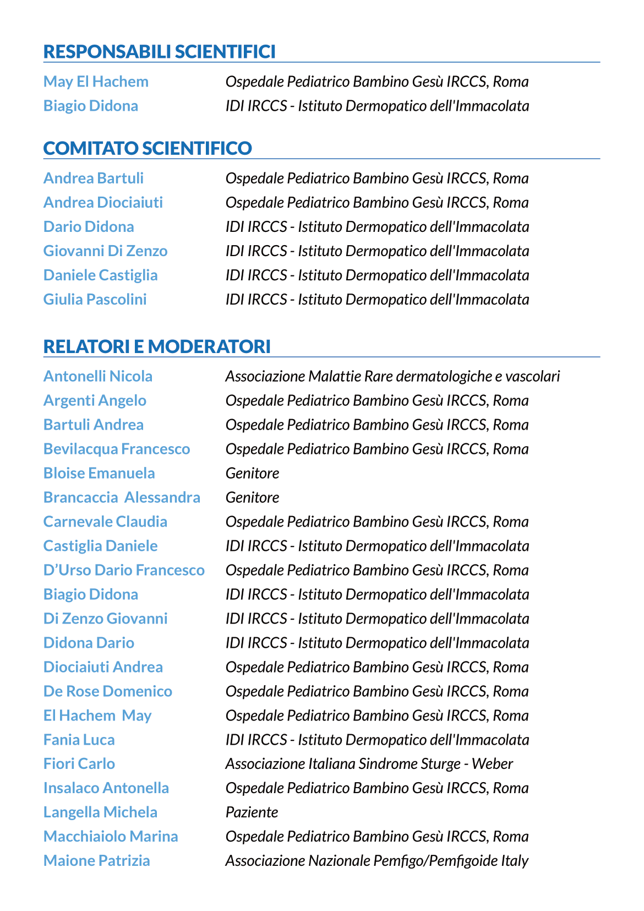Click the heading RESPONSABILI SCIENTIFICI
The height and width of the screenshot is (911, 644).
159,52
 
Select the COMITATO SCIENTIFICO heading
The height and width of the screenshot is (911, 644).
148,148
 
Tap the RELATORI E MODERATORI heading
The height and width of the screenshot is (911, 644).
157,346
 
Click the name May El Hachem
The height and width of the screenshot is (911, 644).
96,82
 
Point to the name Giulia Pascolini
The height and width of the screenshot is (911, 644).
95,300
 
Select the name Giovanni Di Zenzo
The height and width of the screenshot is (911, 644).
105,251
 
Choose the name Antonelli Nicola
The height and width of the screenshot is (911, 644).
98,376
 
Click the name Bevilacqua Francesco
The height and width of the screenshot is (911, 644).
117,449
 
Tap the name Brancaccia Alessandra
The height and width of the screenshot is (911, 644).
122,497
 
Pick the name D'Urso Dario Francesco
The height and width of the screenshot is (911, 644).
124,570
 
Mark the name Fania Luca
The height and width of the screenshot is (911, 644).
79,740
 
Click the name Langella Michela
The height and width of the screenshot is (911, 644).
100,812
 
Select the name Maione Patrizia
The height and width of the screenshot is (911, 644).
97,861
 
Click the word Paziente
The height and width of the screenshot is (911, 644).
252,812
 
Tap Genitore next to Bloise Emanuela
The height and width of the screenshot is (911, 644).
252,473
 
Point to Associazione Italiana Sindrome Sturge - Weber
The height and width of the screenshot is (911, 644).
369,764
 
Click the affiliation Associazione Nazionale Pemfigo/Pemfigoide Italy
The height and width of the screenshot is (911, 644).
376,861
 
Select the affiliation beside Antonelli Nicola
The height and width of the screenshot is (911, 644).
392,376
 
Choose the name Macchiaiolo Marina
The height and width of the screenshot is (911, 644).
111,837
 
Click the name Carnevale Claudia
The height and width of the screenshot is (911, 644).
105,522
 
